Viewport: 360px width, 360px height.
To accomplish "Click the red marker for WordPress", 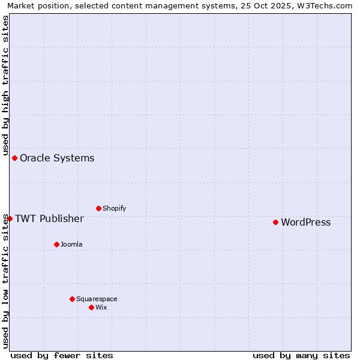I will pyautogui.click(x=275, y=222).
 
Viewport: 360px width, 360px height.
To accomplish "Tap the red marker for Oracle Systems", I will pyautogui.click(x=14, y=158).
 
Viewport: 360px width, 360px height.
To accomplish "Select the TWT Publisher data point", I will pyautogui.click(x=10, y=218).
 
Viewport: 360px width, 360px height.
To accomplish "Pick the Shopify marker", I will pyautogui.click(x=98, y=208).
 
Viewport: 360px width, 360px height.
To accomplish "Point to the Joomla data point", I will pyautogui.click(x=56, y=244).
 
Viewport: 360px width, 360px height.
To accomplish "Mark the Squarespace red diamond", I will pyautogui.click(x=72, y=299).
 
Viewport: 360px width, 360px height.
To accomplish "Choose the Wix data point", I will pyautogui.click(x=91, y=307).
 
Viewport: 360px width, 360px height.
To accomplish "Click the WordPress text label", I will pyautogui.click(x=305, y=222).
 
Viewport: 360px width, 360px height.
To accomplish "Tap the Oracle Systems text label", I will pyautogui.click(x=57, y=158).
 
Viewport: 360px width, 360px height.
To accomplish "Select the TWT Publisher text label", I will pyautogui.click(x=49, y=218).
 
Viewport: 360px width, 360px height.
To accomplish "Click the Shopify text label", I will pyautogui.click(x=114, y=208).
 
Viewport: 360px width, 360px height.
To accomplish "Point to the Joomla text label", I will pyautogui.click(x=71, y=244).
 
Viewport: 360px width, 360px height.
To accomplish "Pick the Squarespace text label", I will pyautogui.click(x=97, y=299).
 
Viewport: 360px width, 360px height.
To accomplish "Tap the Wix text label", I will pyautogui.click(x=101, y=307).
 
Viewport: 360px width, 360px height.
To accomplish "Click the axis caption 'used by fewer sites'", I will pyautogui.click(x=62, y=355).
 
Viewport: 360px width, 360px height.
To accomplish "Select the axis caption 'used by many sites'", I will pyautogui.click(x=301, y=355).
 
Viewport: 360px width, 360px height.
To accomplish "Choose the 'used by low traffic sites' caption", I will pyautogui.click(x=5, y=281).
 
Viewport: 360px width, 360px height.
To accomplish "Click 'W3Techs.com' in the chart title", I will pyautogui.click(x=327, y=5).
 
